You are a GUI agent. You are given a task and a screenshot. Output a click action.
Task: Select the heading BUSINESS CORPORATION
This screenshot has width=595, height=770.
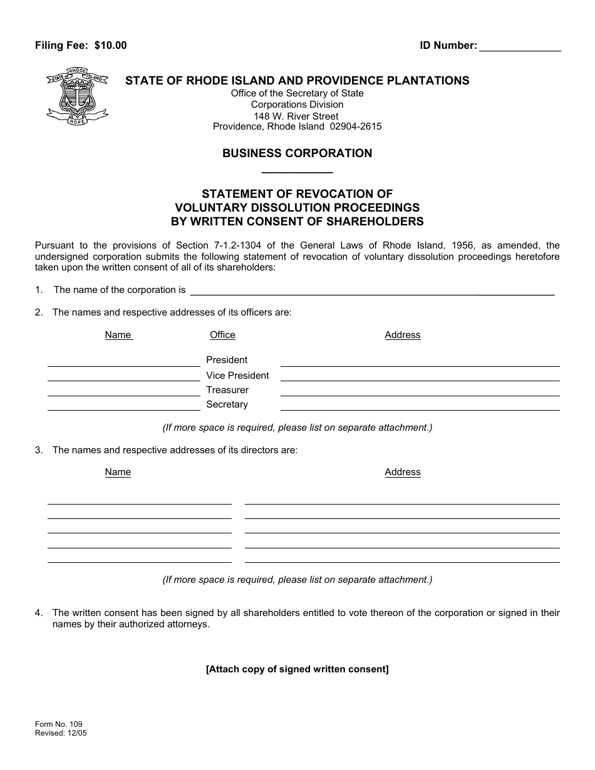pos(297,153)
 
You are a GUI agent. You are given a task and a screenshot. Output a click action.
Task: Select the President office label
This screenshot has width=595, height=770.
pos(227,360)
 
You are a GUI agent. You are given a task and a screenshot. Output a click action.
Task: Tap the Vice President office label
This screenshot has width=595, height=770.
pos(237,376)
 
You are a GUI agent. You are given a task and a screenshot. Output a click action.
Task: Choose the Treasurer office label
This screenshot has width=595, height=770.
pos(227,390)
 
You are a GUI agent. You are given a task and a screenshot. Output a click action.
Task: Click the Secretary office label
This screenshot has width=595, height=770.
pos(227,404)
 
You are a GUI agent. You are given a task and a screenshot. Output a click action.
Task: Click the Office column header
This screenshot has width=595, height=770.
pos(222,335)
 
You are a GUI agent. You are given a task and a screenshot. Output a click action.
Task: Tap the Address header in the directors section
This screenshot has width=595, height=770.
pos(402,472)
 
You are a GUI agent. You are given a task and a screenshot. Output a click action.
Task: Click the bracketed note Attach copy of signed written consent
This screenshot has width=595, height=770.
pos(297,669)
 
